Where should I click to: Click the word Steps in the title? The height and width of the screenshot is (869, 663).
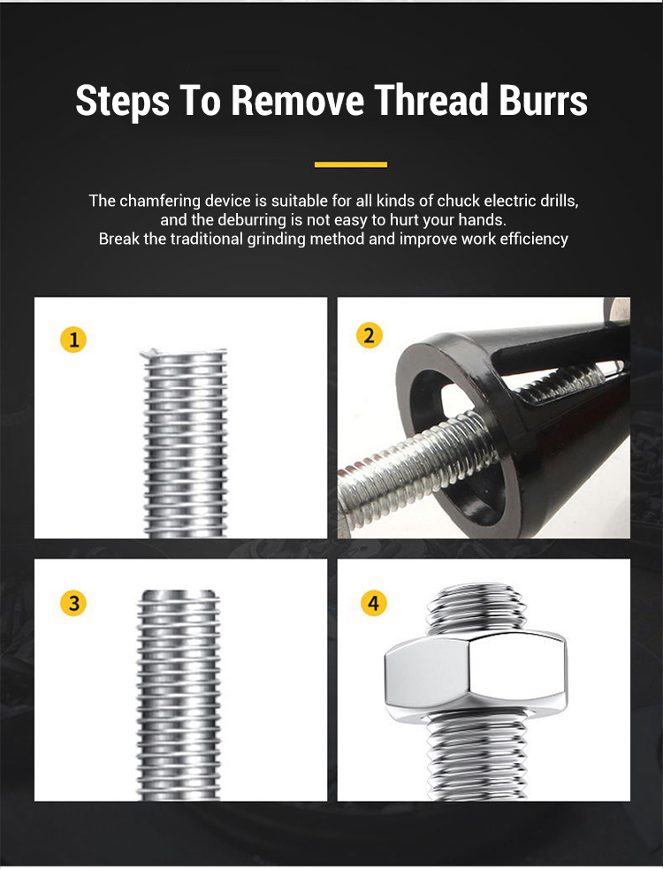tap(123, 101)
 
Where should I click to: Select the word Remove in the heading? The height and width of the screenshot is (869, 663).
tap(298, 101)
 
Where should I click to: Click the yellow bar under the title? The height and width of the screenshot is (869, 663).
tap(351, 164)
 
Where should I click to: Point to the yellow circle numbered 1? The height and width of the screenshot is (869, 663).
tap(73, 339)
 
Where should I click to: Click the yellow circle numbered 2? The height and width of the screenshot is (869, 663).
tap(369, 335)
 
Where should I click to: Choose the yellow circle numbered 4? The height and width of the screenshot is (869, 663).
tap(374, 603)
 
